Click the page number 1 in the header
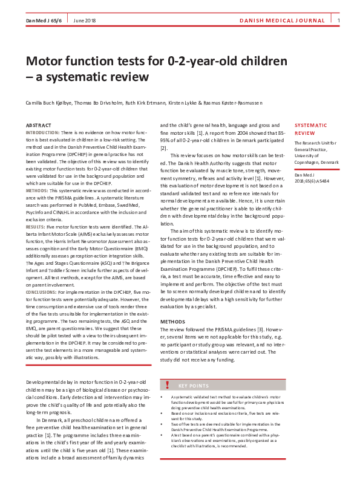tap(339, 21)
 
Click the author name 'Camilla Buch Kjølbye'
tap(50, 103)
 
